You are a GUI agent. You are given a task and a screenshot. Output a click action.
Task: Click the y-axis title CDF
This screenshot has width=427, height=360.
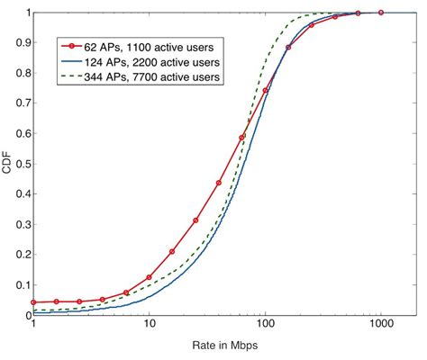pos(8,165)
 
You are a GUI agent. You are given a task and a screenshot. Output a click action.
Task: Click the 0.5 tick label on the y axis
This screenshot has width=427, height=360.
pos(22,165)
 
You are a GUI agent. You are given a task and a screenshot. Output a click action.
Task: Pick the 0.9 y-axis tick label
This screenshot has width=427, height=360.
pos(22,43)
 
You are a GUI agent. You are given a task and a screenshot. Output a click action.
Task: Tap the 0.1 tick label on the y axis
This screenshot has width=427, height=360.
pos(22,285)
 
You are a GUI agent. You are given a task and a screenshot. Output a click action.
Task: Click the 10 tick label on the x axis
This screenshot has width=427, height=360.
pos(150,326)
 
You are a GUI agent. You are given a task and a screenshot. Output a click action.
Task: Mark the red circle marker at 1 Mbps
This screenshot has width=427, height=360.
pos(33,302)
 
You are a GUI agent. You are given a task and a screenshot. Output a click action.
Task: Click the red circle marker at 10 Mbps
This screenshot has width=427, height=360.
pos(150,277)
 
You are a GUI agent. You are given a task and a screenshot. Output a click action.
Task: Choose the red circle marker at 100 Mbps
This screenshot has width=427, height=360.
pos(266,91)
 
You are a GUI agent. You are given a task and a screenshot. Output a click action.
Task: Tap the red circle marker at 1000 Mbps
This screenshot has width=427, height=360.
pos(381,13)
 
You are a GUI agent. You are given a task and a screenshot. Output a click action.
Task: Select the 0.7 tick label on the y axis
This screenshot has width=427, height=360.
pos(22,103)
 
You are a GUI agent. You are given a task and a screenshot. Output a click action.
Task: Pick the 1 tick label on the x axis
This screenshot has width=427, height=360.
pos(33,326)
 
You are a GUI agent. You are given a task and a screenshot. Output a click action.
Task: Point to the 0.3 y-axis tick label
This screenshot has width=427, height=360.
pos(22,225)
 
